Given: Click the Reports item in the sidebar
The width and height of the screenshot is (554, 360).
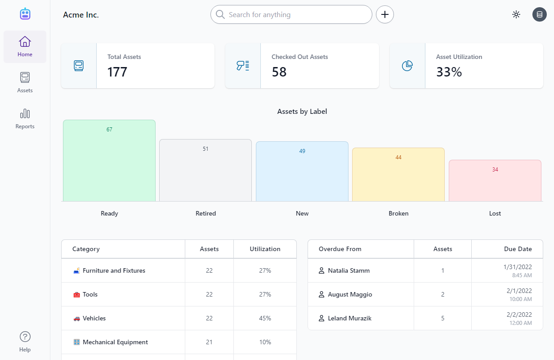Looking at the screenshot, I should click(25, 118).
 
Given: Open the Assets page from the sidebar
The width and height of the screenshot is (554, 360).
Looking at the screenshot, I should click(25, 82).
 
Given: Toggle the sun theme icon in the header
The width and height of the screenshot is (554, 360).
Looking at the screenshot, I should click(516, 14).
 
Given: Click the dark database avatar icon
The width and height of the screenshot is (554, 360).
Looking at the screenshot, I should click(539, 14).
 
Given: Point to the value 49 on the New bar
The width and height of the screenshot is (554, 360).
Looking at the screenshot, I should click(302, 151).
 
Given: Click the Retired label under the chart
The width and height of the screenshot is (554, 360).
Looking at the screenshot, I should click(206, 213).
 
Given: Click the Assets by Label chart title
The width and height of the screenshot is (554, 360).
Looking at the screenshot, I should click(302, 112).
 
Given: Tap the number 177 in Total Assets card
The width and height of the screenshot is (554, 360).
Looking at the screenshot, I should click(117, 72).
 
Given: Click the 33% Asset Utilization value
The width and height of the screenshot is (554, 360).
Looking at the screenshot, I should click(449, 72).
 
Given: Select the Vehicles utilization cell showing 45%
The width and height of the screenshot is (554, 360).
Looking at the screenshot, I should click(265, 318).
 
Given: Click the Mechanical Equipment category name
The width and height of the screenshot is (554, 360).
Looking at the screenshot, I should click(115, 342).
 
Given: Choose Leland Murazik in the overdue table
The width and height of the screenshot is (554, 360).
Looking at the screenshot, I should click(349, 318).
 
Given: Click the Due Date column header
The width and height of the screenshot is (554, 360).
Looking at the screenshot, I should click(518, 249).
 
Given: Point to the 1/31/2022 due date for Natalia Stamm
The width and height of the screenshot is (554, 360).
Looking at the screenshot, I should click(518, 267).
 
